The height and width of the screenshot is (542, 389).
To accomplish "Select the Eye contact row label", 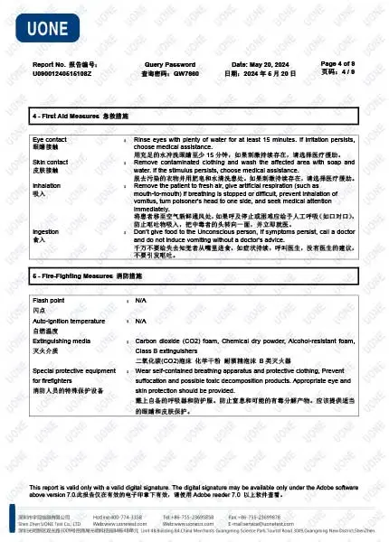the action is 51,141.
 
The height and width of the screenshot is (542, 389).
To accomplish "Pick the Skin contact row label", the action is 52,164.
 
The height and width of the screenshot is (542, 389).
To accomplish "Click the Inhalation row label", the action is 47,185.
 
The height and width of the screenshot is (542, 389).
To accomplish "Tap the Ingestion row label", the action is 46,232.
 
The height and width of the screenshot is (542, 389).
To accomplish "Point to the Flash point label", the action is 49,298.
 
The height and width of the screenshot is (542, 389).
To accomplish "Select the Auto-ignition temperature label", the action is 69,321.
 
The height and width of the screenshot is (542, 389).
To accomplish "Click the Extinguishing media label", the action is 62,341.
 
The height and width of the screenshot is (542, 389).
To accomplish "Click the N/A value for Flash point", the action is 140,298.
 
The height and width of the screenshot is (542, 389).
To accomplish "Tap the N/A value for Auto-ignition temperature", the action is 140,321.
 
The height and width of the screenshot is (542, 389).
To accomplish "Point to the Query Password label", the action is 169,65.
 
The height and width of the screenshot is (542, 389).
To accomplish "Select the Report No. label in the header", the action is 49,65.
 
